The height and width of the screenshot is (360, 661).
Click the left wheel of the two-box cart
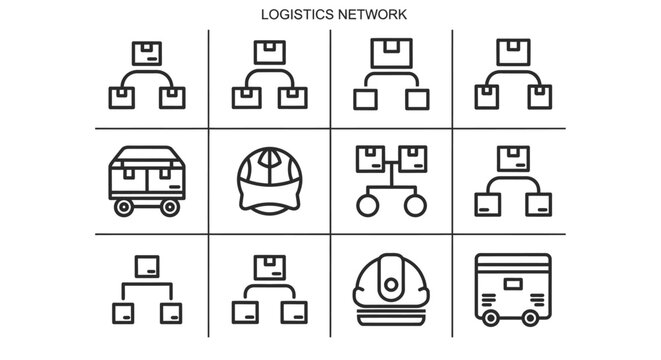[124, 207]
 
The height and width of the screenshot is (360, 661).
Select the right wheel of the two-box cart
[169, 207]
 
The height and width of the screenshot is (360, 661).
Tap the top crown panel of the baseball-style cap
[269, 160]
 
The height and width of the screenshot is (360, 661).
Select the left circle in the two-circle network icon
[366, 204]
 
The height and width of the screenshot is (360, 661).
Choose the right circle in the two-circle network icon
[413, 204]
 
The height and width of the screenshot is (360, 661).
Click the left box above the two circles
[370, 158]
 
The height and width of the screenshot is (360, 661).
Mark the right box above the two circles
[411, 158]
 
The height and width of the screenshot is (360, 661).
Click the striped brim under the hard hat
[391, 301]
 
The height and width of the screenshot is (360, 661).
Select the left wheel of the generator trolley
[490, 316]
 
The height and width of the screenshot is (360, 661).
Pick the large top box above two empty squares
[391, 53]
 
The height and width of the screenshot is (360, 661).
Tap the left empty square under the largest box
[366, 97]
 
